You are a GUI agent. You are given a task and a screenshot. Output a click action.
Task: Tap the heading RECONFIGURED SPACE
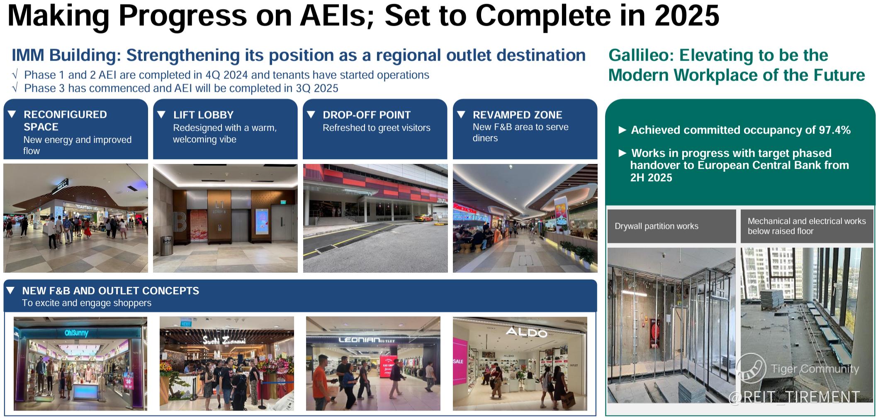[x=65, y=121]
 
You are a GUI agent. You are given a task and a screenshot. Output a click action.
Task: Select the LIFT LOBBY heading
[x=203, y=115]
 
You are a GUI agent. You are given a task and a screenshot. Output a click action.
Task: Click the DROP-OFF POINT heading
[x=367, y=115]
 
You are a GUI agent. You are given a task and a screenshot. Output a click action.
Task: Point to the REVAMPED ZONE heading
[x=517, y=115]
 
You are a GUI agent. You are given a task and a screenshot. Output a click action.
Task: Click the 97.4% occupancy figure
[x=834, y=130]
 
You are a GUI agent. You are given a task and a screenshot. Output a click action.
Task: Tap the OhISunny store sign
[x=76, y=333]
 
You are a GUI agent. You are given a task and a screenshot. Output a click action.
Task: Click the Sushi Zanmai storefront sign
[x=224, y=341]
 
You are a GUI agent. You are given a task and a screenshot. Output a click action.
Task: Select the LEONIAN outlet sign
[x=367, y=340]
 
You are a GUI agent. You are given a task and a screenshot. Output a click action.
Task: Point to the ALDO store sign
[x=526, y=332]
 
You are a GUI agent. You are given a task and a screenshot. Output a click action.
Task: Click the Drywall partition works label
[x=657, y=226]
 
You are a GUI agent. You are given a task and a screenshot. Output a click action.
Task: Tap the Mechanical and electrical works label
[x=807, y=226]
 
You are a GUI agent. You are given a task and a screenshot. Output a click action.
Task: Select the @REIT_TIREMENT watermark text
[x=794, y=397]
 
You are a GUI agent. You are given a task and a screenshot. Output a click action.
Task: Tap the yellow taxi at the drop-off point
[x=424, y=218]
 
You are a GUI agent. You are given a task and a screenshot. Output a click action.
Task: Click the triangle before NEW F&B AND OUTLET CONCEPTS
[x=11, y=290]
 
